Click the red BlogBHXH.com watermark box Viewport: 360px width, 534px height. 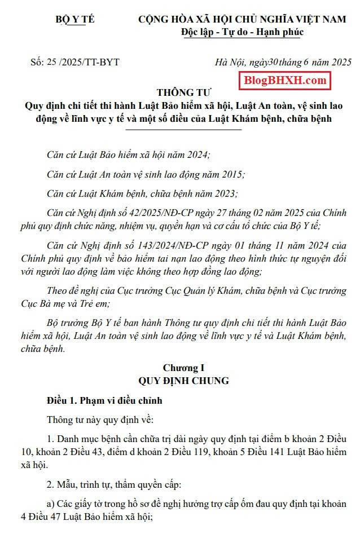(285, 81)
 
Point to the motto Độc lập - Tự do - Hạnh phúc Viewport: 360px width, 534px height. (242, 32)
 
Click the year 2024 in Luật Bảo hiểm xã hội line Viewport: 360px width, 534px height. (196, 155)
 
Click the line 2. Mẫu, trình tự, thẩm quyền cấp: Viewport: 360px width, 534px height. (115, 484)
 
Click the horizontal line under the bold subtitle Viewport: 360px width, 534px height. (183, 129)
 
